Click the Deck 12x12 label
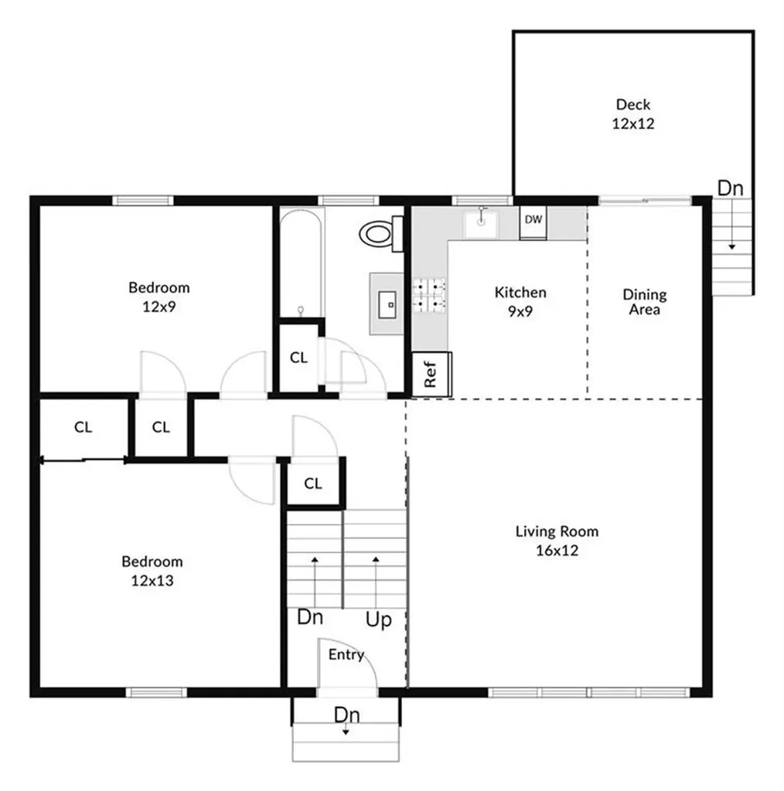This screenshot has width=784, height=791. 632,114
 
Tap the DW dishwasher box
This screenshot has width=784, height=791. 533,220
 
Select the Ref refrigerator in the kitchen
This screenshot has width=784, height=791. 431,375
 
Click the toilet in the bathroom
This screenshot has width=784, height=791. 381,233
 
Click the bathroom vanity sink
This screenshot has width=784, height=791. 387,304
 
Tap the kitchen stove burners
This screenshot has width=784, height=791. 430,295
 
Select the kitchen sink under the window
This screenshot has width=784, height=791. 481,224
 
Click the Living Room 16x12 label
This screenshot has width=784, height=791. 557,541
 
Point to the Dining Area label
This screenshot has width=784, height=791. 644,302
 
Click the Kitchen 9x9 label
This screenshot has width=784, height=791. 520,301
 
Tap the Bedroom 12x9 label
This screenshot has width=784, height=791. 159,297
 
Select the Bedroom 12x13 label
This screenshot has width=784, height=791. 152,571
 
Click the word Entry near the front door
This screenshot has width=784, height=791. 346,655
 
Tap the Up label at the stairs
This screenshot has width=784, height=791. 378,620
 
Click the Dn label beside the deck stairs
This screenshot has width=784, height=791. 731,188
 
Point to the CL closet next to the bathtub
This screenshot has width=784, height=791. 298,358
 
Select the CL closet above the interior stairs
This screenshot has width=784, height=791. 312,484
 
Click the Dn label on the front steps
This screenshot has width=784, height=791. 346,715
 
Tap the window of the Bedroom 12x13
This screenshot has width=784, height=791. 157,692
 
